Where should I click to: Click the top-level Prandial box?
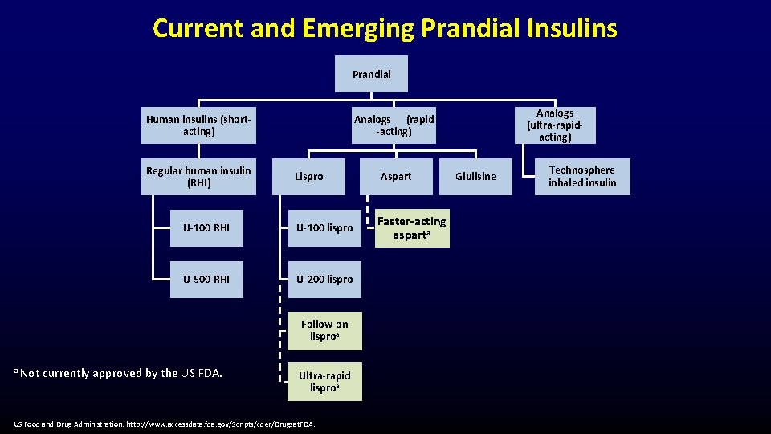[371, 74]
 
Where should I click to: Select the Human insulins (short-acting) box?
[198, 125]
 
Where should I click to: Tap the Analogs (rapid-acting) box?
[394, 125]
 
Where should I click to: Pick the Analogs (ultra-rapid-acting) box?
[555, 125]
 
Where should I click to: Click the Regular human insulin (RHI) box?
[198, 177]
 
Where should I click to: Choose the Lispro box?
[308, 177]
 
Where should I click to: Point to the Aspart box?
[396, 177]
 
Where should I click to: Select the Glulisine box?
[475, 177]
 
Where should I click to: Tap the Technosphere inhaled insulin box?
[582, 177]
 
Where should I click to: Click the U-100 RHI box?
[206, 228]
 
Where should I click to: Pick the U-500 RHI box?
[206, 280]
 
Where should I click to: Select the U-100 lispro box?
[324, 228]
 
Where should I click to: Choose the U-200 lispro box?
[324, 280]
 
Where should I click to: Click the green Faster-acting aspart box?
[412, 228]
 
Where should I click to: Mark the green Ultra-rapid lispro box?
[324, 382]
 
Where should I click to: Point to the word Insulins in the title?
[569, 29]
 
